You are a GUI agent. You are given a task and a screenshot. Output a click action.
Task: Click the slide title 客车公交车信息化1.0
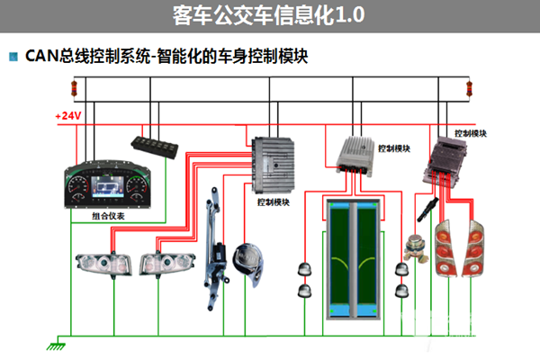pos(269,16)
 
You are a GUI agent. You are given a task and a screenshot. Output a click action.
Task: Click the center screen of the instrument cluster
pos(112,190)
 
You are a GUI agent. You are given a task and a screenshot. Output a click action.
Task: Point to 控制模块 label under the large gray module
pos(274,202)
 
